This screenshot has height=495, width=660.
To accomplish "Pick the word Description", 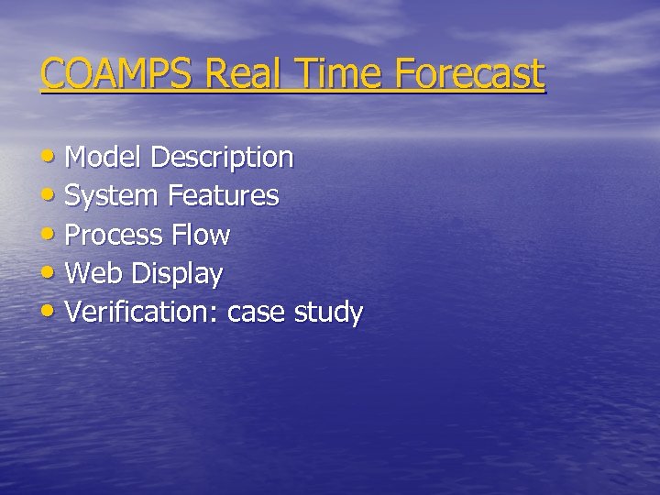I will point(222,159).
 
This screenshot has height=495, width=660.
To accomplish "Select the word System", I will point(113,197).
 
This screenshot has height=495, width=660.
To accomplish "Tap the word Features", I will point(224,196).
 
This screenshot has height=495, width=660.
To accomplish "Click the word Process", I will point(115,236).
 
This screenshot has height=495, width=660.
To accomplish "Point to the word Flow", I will point(201,236).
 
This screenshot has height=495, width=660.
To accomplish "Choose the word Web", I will point(95,274).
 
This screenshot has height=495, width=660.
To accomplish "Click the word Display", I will point(177,275).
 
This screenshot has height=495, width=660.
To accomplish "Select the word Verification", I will point(143,313).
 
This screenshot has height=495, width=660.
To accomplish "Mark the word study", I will point(328,313).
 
